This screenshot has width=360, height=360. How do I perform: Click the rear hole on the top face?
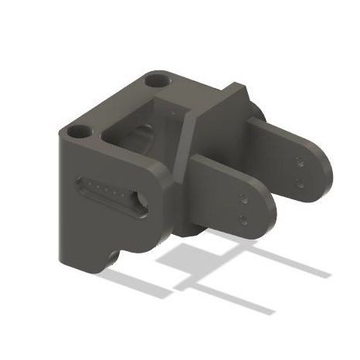pos(158,80)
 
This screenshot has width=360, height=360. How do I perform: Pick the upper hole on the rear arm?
pos(298,163)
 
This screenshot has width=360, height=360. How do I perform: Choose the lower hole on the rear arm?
pos(299,182)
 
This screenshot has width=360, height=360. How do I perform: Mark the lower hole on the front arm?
pos(243,217)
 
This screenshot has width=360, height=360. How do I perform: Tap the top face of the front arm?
pos(224,170)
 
